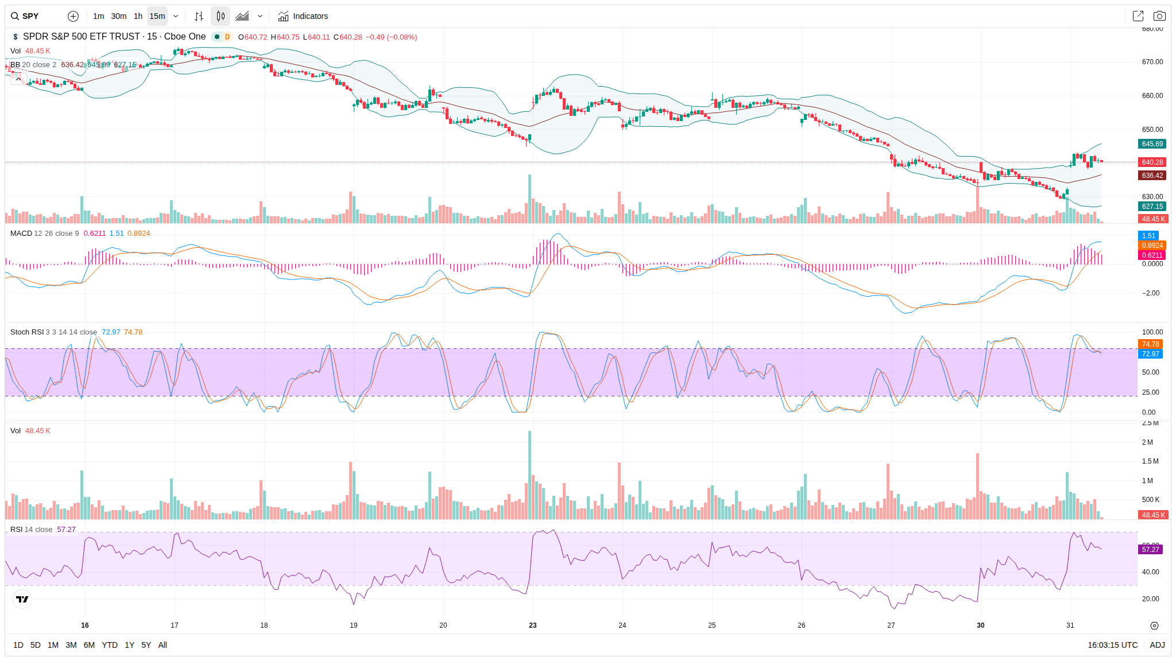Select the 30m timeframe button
[119, 16]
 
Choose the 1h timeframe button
[138, 16]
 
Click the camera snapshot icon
[1159, 16]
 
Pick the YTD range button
[110, 645]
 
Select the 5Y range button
[146, 645]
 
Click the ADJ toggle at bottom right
[1157, 645]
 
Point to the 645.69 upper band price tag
[1152, 144]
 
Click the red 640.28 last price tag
[1152, 162]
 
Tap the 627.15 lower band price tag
[1152, 207]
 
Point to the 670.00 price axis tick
[1152, 62]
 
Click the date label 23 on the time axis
[533, 625]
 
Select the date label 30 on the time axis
[981, 625]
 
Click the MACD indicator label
[21, 234]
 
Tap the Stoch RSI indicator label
[27, 332]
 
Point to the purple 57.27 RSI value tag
[1150, 550]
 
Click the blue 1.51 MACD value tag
[1148, 236]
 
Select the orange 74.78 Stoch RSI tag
[1150, 344]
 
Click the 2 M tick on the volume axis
[1147, 442]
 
